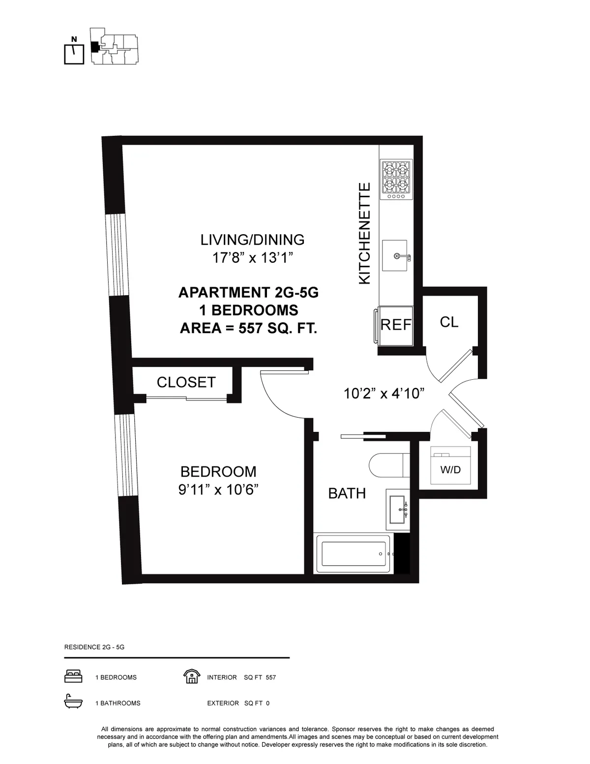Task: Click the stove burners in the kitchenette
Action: pos(396,179)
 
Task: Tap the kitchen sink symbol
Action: pos(395,256)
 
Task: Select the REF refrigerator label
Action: pos(396,325)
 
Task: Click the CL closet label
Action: pos(449,322)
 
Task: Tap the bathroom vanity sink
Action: pos(397,510)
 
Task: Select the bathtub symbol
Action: pos(354,554)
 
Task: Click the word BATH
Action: pos(347,493)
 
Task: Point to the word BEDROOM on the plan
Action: pos(218,472)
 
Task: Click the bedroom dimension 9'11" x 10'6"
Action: pos(218,490)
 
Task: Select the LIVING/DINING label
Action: pos(252,240)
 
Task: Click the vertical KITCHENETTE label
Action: pos(364,233)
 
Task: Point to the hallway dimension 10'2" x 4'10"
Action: pos(383,394)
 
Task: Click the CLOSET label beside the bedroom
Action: pos(186,382)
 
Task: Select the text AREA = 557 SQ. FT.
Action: pos(248,328)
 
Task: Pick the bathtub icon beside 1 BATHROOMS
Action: pos(73,703)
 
